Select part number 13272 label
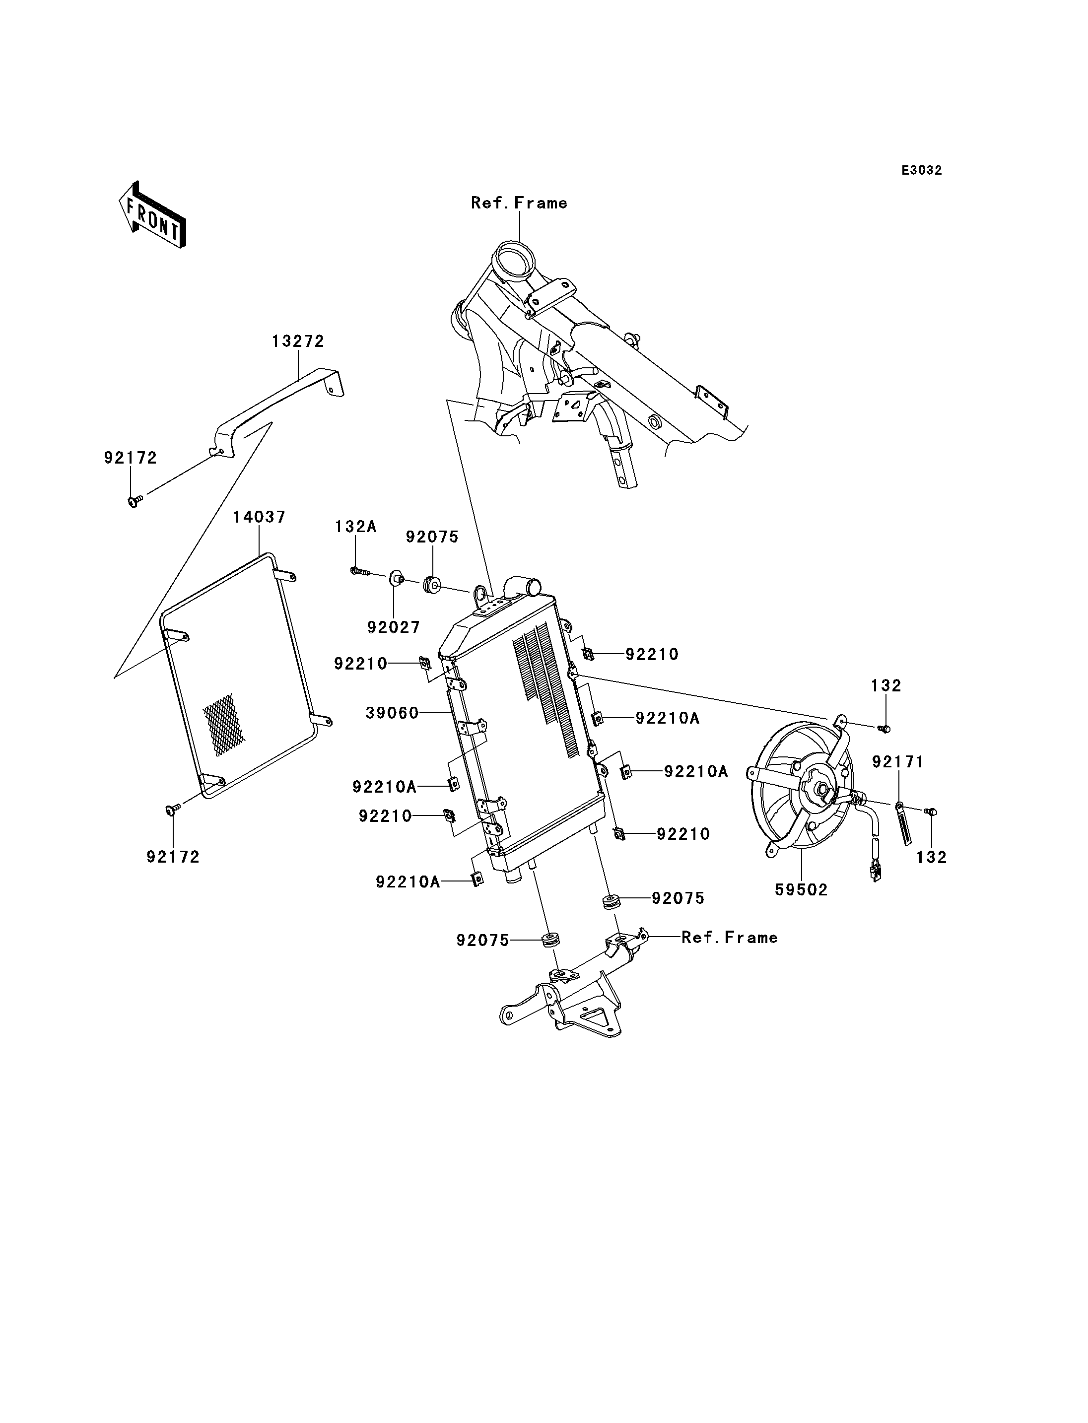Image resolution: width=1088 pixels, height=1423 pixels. pos(297,341)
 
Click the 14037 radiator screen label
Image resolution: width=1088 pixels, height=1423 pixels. pos(259,517)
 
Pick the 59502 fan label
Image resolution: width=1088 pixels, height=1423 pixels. pos(801,890)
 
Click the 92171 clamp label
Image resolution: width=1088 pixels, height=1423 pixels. pos(897,762)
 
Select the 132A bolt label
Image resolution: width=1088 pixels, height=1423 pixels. pos(355,527)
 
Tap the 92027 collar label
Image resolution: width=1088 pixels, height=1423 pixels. pos(393,627)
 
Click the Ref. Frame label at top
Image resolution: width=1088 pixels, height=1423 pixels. pos(519,203)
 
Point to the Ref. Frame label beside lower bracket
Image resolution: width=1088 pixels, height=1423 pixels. pos(729,937)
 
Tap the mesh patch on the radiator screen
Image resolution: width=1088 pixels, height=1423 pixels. pos(224,724)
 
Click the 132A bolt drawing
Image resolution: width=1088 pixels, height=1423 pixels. pos(359,571)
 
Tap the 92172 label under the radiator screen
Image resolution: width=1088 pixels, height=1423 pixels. pos(173,857)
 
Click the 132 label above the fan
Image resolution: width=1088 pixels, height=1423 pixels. pos(886,685)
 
